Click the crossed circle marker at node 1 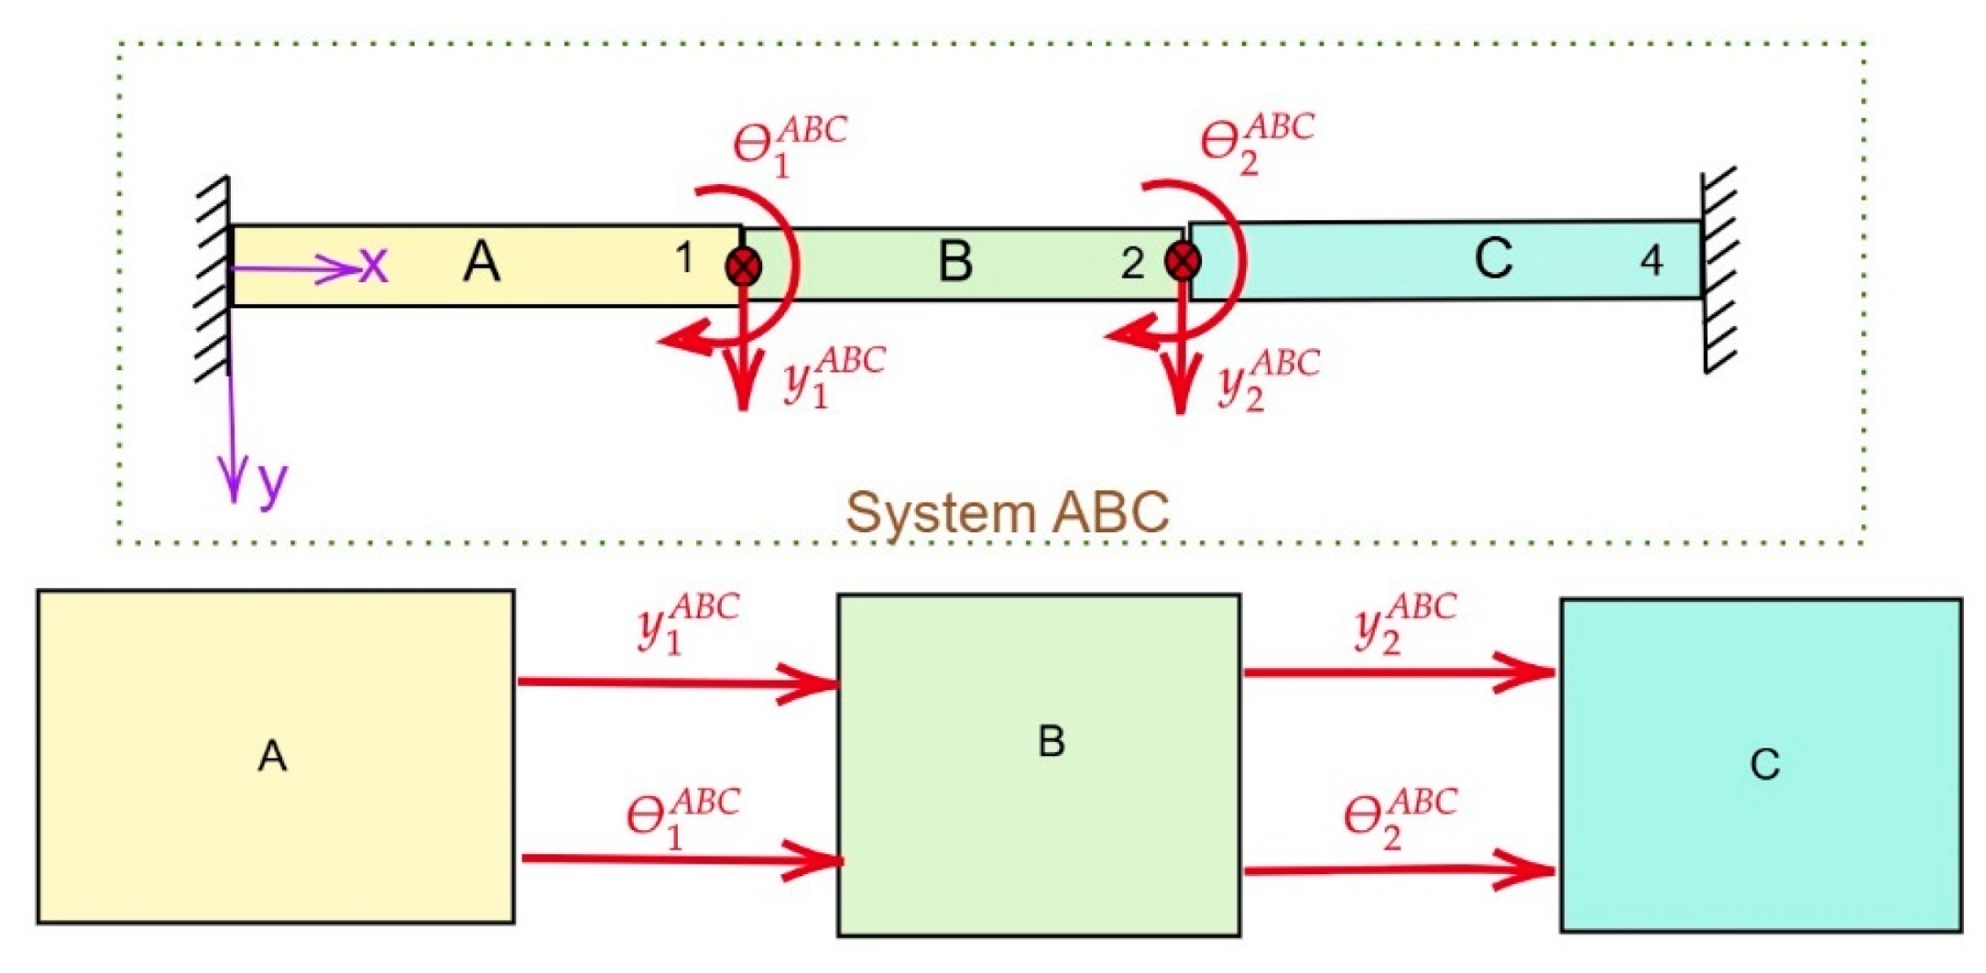tap(743, 268)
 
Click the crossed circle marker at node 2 tap(1183, 262)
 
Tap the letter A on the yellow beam tap(482, 263)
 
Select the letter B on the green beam tap(955, 262)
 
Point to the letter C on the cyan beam tap(1493, 259)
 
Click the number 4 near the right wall tap(1651, 261)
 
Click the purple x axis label tap(374, 266)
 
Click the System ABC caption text tap(1007, 512)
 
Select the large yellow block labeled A tap(275, 757)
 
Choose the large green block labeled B tap(1039, 765)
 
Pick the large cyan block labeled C tap(1761, 765)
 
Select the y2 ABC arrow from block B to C tap(1397, 673)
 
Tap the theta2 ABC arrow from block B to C tap(1397, 869)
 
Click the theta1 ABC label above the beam tap(788, 145)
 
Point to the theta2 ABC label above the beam tap(1256, 142)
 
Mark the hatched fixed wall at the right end tap(1719, 270)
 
